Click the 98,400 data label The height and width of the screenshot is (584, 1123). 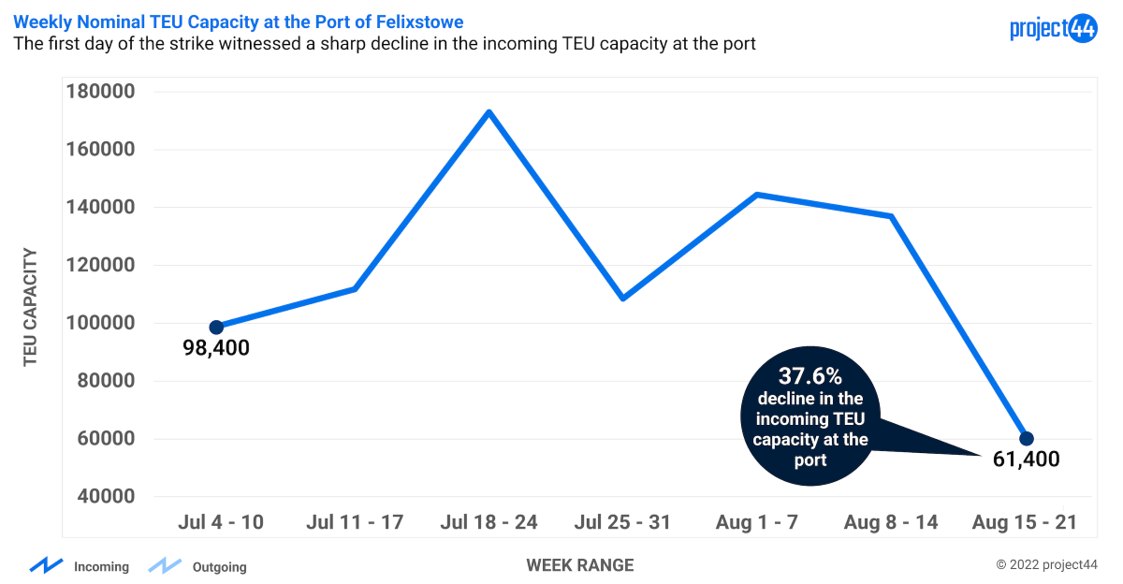coord(216,349)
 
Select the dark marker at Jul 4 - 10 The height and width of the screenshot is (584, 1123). coord(216,328)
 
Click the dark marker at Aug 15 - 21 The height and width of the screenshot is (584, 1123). coord(1026,439)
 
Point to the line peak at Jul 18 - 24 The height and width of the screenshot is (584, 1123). coord(489,112)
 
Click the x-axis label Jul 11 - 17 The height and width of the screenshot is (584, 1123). coord(355,522)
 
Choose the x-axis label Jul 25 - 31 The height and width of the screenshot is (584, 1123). coord(622,522)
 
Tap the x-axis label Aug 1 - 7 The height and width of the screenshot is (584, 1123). coord(756,522)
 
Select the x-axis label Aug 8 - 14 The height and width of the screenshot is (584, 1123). coord(891,522)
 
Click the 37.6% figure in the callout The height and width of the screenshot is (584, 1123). coord(810,376)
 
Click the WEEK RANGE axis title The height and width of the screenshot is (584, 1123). coord(579,565)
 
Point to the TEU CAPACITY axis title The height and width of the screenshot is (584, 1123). coord(31,306)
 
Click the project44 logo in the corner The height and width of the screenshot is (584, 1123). coord(1053,29)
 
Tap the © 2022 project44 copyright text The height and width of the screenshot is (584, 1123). coord(1046,565)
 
